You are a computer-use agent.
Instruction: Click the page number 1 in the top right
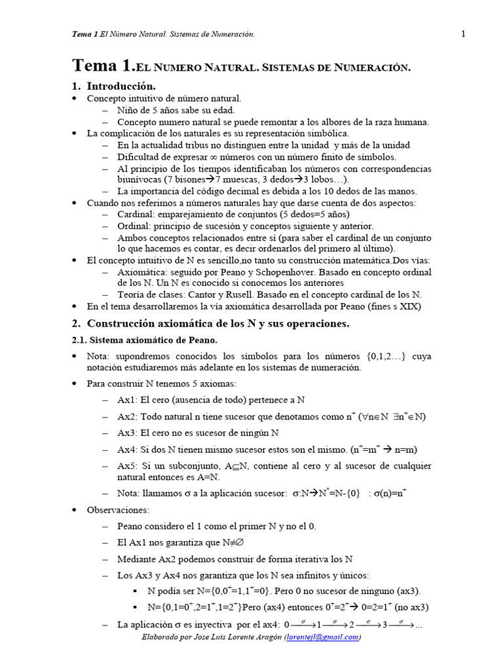[x=463, y=34]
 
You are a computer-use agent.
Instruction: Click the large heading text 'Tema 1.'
[x=102, y=66]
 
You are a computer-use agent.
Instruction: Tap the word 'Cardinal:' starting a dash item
[x=137, y=215]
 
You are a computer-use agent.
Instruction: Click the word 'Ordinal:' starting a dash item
[x=136, y=226]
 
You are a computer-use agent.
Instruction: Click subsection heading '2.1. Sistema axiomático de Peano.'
[x=144, y=340]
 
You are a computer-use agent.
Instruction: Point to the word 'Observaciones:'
[x=118, y=509]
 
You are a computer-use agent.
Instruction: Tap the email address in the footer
[x=323, y=637]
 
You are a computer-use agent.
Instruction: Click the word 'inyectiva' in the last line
[x=238, y=626]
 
